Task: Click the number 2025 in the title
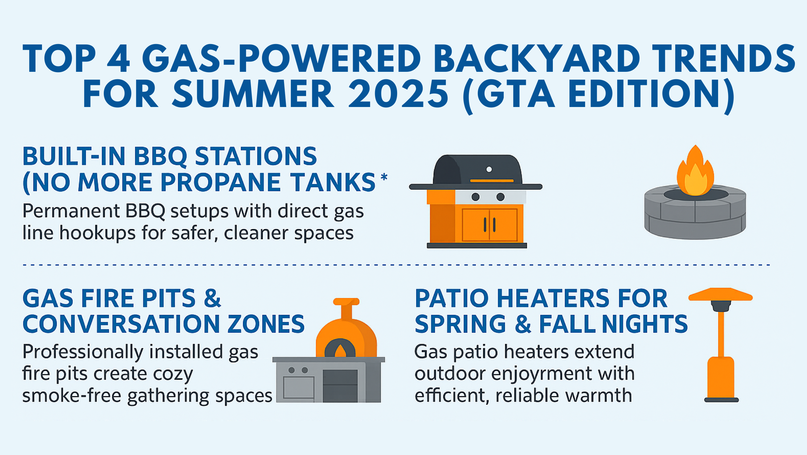(398, 93)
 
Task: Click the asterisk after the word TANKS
(384, 177)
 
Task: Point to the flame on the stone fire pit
(695, 172)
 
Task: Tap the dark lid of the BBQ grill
(477, 170)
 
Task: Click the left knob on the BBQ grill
(475, 197)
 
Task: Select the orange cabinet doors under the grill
(490, 225)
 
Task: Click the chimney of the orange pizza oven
(346, 309)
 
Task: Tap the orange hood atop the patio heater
(720, 294)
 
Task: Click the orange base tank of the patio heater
(721, 378)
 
